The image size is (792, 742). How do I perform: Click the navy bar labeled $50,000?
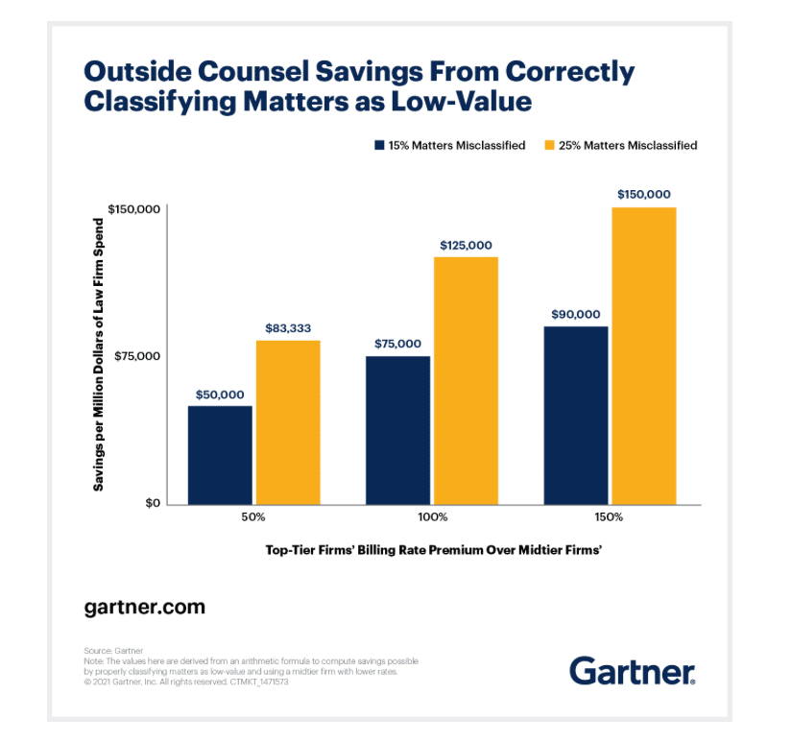[x=220, y=455]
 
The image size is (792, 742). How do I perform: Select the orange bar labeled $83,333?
[x=288, y=422]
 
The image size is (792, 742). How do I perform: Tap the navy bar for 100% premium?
[x=398, y=430]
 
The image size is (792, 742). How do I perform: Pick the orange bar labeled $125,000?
[x=467, y=380]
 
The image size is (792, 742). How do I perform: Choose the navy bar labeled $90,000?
[x=576, y=415]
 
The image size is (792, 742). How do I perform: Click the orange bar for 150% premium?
[x=644, y=355]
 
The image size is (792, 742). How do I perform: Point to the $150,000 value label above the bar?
[x=644, y=194]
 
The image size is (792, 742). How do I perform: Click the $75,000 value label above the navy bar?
[x=397, y=344]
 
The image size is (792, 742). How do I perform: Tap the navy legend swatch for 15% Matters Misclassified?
[x=379, y=146]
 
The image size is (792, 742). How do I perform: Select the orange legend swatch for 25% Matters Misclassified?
[x=550, y=146]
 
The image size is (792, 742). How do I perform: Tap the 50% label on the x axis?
[x=253, y=517]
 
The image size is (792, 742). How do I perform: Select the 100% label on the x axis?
[x=432, y=517]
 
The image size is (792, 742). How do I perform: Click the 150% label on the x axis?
[x=610, y=517]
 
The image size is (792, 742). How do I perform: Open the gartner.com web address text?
[x=144, y=608]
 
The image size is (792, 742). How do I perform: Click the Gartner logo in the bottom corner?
[x=632, y=670]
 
